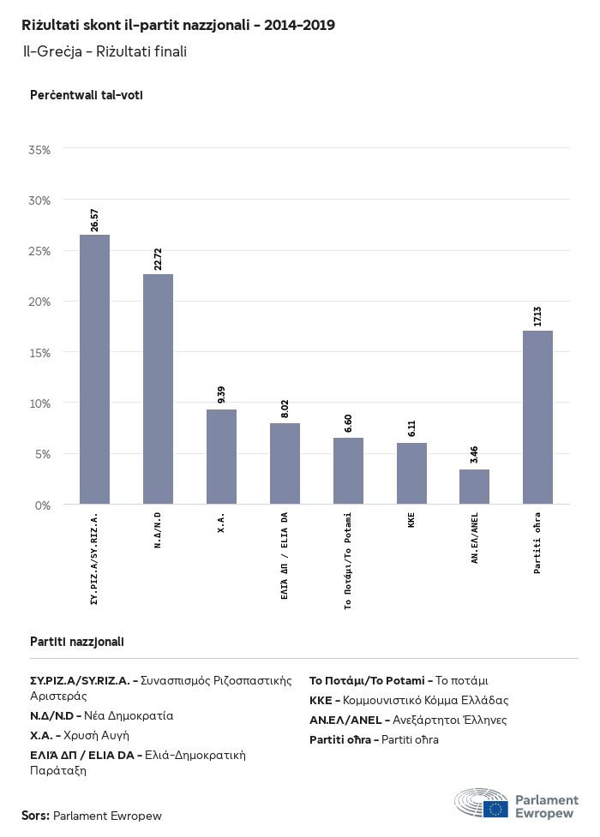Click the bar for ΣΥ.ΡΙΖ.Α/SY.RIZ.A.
pos(94,368)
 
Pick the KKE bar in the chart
pos(411,473)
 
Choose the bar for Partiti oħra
pos(537,416)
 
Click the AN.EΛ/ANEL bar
pos(474,486)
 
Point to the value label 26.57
pos(94,219)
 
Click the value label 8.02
pos(285,408)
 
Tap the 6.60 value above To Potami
pos(348,422)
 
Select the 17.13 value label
pos(537,314)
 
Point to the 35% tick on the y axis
pos(40,150)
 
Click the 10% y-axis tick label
pos(40,404)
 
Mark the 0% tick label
pos(43,505)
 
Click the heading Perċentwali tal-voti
pos(86,95)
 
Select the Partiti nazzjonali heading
pos(76,641)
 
